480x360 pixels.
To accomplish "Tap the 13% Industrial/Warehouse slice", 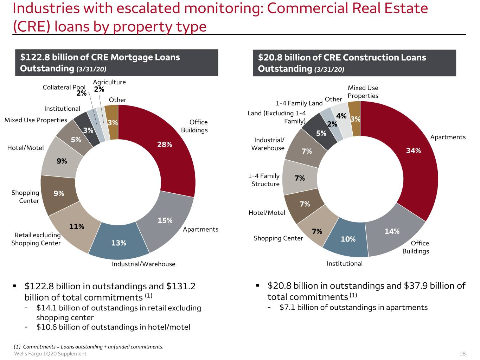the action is coord(119,242).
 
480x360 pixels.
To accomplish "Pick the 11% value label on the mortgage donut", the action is coord(77,226).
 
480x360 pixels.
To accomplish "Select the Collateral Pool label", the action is coord(64,87).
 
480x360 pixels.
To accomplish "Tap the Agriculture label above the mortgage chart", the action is coord(109,82).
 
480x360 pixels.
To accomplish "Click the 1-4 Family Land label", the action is coord(299,103).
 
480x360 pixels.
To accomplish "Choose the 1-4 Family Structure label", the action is coord(264,180).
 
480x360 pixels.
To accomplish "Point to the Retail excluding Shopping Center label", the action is coord(36,239).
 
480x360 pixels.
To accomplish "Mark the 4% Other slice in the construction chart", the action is coord(341,119).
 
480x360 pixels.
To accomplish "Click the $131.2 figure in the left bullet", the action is coord(181,286).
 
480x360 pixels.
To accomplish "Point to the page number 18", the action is coord(462,353).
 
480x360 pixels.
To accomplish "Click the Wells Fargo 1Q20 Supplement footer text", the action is coord(50,353).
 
